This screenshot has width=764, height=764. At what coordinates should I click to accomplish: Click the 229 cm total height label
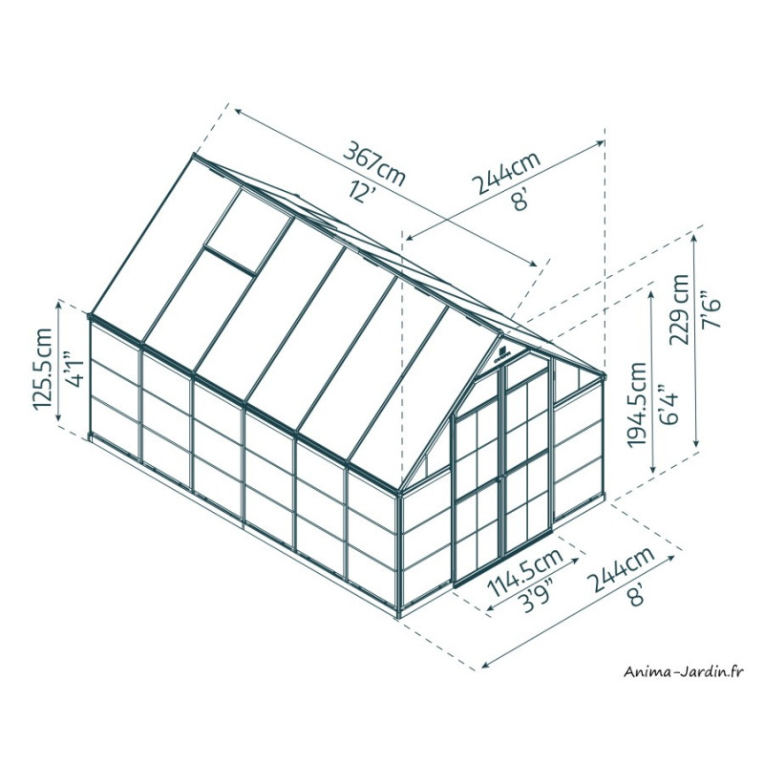[679, 309]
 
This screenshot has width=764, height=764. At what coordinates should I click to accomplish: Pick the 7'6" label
[710, 310]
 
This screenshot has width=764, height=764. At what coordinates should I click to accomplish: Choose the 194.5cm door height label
[637, 404]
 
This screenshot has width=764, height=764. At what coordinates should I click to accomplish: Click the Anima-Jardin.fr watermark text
[684, 672]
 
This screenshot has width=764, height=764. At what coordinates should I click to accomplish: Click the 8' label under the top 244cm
[520, 200]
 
